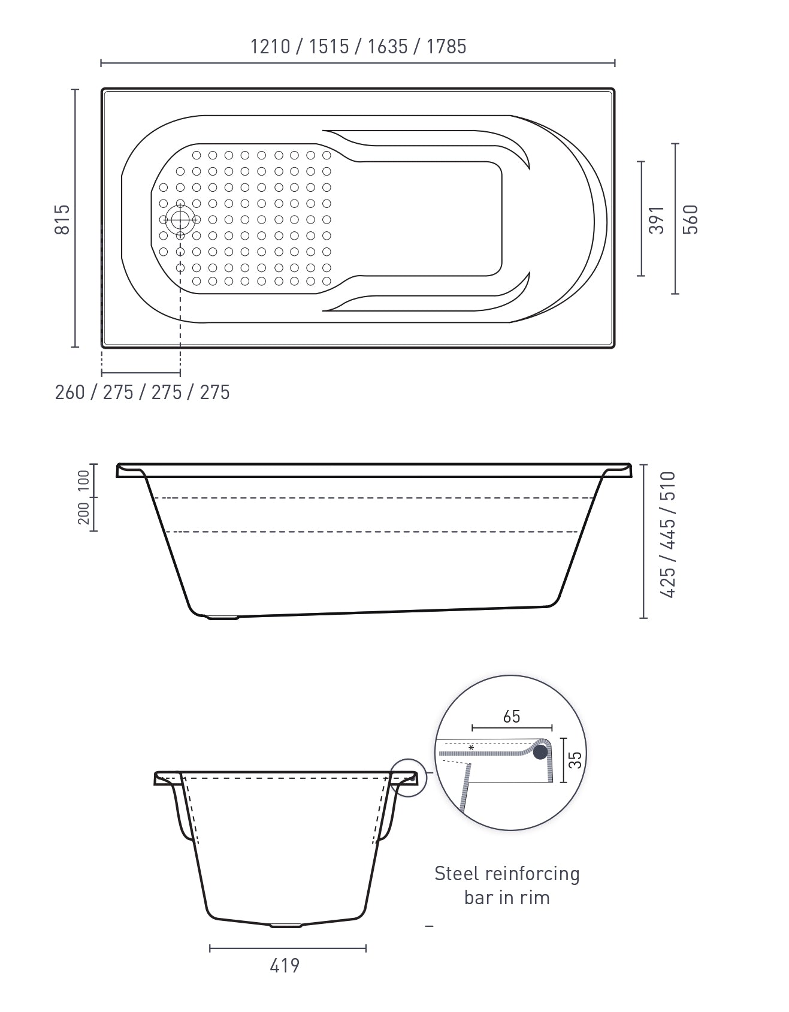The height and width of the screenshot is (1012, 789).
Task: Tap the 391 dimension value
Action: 657,220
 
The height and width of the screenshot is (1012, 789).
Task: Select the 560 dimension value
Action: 691,219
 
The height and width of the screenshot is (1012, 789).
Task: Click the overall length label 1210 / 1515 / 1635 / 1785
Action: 358,47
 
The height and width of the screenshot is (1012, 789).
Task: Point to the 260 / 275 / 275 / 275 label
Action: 142,392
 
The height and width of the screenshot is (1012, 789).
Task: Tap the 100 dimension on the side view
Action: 83,480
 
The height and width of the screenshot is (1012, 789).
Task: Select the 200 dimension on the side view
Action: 83,513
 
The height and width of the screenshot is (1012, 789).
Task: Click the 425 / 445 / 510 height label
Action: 667,534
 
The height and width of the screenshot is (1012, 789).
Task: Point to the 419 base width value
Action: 285,966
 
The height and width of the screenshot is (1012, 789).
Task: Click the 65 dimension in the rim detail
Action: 512,717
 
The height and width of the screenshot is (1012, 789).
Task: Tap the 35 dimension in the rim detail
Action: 575,760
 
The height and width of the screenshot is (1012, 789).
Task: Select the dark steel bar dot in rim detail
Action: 542,751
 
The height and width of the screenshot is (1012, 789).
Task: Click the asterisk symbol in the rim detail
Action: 471,748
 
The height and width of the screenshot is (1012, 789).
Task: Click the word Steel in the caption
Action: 457,874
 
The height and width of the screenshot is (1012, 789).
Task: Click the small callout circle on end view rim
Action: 409,778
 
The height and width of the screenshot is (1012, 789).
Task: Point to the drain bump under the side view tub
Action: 222,617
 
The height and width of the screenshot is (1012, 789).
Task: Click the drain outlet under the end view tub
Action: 286,926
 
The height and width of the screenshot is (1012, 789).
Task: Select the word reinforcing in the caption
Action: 531,874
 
